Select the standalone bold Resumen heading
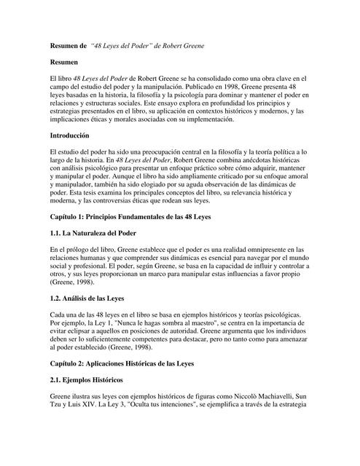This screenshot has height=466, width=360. coord(63,63)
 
